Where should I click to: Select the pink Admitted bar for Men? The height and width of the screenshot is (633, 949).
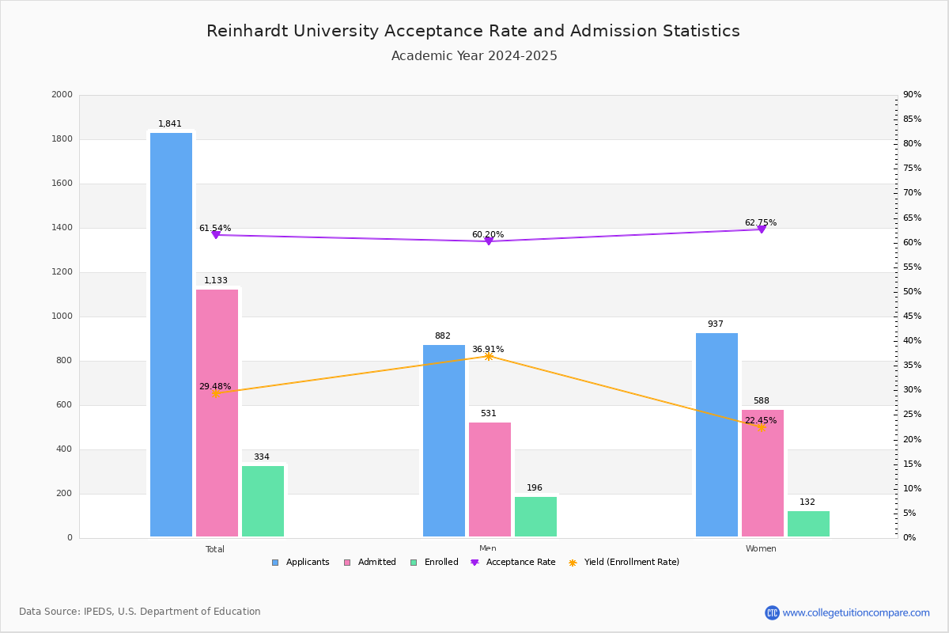[x=490, y=479]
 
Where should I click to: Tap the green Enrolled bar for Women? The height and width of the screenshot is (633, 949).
[x=808, y=524]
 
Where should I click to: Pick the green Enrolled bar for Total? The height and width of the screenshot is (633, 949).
[x=263, y=501]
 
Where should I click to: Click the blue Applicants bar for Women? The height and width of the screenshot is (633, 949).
[x=716, y=434]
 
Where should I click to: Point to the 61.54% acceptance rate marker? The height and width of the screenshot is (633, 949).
[x=216, y=235]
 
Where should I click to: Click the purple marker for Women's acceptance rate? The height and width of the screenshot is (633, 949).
[x=761, y=229]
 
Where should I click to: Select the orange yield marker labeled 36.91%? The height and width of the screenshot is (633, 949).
[x=489, y=357]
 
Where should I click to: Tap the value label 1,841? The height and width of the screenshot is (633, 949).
[x=170, y=124]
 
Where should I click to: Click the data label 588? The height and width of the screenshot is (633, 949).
[x=761, y=401]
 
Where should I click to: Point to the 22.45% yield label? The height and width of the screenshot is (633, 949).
[x=761, y=421]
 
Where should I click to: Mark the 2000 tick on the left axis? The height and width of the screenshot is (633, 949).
[x=62, y=95]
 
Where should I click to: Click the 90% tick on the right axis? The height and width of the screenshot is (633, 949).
[x=912, y=95]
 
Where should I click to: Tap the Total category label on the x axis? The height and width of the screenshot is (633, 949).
[x=215, y=549]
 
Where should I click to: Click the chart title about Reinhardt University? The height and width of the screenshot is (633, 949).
[x=473, y=31]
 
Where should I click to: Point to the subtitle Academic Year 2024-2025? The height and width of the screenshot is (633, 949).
[x=474, y=56]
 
